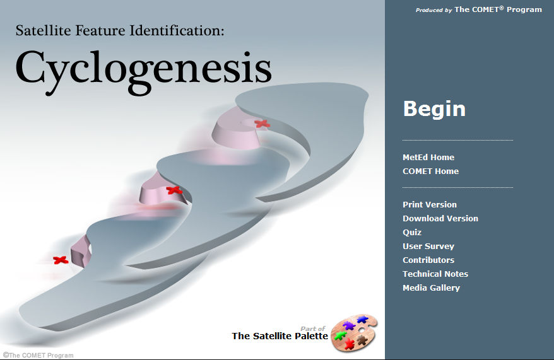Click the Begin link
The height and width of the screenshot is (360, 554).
coord(434,108)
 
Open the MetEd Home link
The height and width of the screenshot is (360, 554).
coord(428,158)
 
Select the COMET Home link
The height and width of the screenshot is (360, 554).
coord(431,171)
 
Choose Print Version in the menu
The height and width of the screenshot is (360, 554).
coord(430,205)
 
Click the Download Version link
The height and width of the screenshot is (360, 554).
coord(440,219)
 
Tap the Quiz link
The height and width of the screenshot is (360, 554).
coord(412,232)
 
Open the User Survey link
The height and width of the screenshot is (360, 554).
coord(428,247)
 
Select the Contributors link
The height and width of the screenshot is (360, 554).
coord(428,260)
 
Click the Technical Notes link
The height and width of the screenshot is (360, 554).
coord(435,274)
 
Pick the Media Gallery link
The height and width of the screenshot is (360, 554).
coord(431,288)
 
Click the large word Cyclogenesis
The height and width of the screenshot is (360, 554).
coord(143,71)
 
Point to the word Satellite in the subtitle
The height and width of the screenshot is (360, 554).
coord(43,31)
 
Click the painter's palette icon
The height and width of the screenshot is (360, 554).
coord(354,333)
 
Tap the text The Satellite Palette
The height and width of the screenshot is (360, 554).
coord(280,336)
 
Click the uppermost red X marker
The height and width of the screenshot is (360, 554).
coord(262,124)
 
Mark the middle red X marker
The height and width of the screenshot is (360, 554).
coord(174,190)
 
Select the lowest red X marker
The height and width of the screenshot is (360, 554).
coord(61,260)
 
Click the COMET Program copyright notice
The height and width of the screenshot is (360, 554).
coord(38,355)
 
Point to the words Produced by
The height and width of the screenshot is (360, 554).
coord(433,10)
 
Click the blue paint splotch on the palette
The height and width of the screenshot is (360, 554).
coord(362,320)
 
